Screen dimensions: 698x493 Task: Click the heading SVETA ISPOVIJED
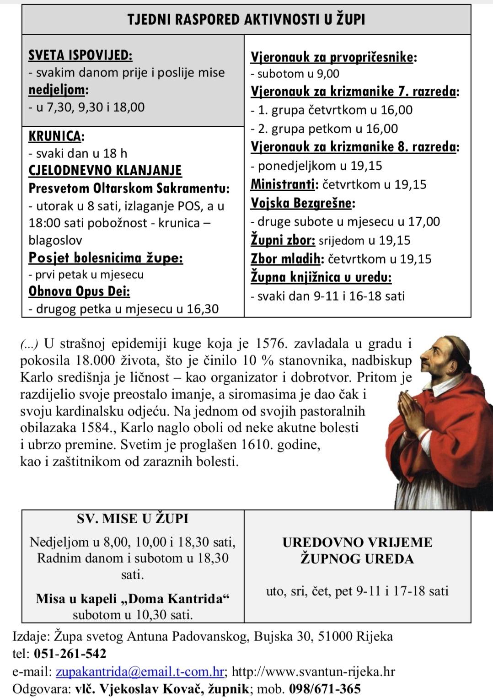tap(80, 55)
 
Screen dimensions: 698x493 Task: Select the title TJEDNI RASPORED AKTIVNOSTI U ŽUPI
tap(246, 20)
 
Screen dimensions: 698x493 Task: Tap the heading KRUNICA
tap(56, 136)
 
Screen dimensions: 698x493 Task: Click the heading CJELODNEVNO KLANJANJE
tap(105, 170)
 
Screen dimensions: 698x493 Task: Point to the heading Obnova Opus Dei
tap(79, 291)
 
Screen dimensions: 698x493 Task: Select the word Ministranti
tap(284, 184)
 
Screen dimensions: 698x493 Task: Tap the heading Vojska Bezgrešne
tap(302, 203)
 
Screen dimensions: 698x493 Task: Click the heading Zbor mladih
tap(285, 259)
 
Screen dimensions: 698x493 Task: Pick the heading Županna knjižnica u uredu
tap(321, 277)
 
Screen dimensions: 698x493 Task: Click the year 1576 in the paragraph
tap(272, 344)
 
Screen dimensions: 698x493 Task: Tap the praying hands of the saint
tap(413, 409)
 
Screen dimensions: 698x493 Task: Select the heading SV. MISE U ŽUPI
tap(133, 519)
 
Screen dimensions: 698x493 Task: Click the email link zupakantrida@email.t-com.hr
tap(140, 671)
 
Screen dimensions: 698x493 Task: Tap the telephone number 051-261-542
tap(70, 654)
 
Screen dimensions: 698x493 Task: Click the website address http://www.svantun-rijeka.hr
tap(313, 671)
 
